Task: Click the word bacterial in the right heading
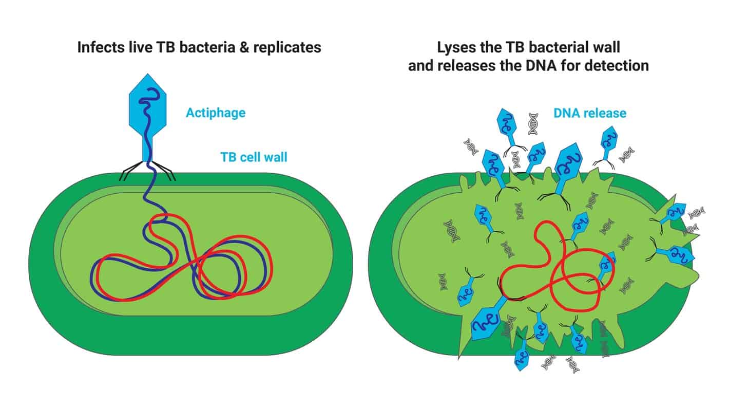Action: click(x=558, y=48)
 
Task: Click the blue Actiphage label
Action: click(x=216, y=113)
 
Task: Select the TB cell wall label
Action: click(x=254, y=157)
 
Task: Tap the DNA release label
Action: click(x=590, y=113)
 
